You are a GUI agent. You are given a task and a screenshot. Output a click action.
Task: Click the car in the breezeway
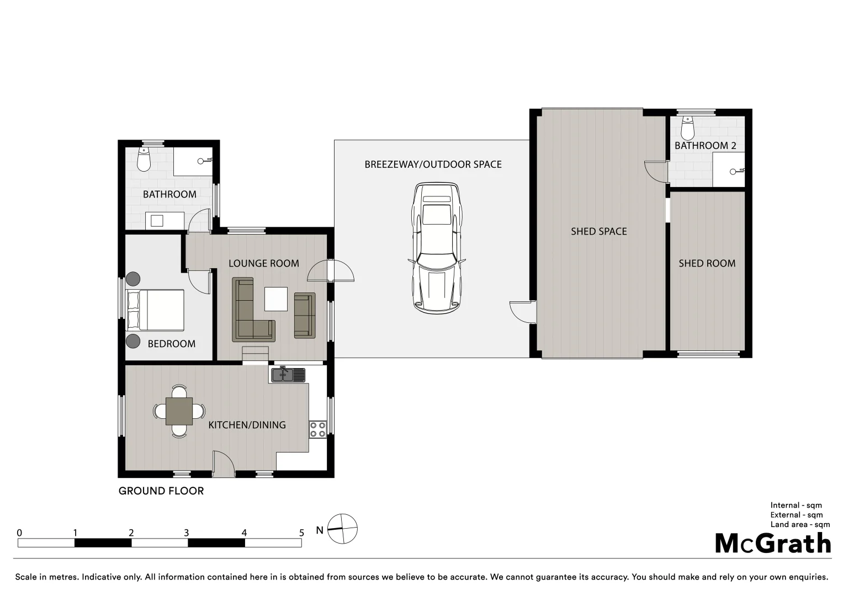(x=436, y=248)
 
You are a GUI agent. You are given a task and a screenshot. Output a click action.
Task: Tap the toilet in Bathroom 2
(x=687, y=129)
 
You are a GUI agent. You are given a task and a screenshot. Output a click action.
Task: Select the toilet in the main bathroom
(x=144, y=160)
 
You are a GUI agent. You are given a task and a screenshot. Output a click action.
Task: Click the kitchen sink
(x=287, y=375)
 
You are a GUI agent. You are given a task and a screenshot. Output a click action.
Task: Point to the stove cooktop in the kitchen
(x=317, y=429)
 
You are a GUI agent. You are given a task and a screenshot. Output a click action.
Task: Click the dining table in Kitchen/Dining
(x=179, y=411)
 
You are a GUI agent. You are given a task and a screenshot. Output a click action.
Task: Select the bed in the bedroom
(x=155, y=310)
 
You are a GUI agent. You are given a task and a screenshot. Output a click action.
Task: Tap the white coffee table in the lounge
(x=275, y=299)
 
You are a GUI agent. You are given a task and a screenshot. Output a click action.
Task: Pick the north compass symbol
(x=342, y=529)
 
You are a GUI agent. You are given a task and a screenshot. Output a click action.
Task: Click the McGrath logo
(x=773, y=544)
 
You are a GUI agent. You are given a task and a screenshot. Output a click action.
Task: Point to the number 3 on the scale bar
(x=187, y=533)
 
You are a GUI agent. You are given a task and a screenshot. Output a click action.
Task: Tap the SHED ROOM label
(x=707, y=264)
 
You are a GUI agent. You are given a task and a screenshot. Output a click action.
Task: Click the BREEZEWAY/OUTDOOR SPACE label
(x=433, y=164)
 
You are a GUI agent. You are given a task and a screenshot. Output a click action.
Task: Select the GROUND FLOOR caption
(x=161, y=491)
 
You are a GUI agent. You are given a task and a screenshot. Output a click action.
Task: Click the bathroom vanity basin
(x=157, y=221)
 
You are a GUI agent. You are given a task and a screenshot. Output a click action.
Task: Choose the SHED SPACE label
(x=598, y=232)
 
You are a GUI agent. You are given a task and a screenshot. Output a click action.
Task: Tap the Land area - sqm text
(x=800, y=525)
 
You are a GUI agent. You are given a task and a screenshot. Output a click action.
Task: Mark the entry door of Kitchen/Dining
(x=223, y=464)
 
